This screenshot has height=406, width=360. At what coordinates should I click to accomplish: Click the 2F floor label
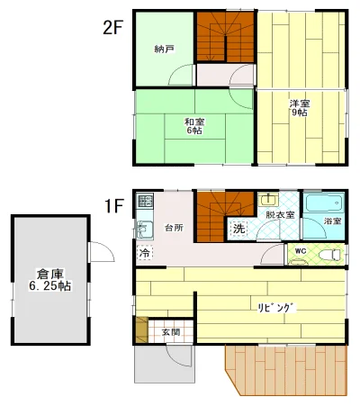click(x=112, y=28)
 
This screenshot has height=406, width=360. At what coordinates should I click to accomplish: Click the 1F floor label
click(x=113, y=206)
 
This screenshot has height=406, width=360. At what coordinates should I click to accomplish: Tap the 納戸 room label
click(x=165, y=49)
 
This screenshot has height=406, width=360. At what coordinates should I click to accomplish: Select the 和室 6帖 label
click(x=194, y=126)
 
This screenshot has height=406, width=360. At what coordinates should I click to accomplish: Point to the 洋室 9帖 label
click(x=300, y=108)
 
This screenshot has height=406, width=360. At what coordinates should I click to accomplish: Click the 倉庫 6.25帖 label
click(x=50, y=279)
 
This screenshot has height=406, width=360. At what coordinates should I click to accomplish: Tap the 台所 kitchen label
click(x=174, y=228)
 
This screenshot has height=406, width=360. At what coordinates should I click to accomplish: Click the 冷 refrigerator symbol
click(x=145, y=252)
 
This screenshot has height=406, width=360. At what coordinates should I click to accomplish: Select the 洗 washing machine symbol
click(x=238, y=229)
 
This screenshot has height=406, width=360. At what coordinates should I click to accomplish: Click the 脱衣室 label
click(x=280, y=215)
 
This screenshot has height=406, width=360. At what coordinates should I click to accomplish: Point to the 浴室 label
click(x=332, y=221)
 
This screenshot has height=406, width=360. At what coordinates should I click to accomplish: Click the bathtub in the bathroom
click(x=325, y=203)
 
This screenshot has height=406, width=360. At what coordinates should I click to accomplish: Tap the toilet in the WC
click(x=330, y=255)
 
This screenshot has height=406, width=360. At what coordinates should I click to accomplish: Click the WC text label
click(x=301, y=251)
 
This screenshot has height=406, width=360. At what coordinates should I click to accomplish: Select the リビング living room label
click(x=277, y=308)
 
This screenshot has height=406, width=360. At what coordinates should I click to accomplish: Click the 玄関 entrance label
click(x=171, y=332)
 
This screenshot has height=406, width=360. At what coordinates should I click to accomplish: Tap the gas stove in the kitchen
click(x=145, y=201)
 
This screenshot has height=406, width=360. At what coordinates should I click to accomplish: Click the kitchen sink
click(x=145, y=230)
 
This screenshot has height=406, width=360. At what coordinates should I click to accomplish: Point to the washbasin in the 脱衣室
click(x=269, y=200)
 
